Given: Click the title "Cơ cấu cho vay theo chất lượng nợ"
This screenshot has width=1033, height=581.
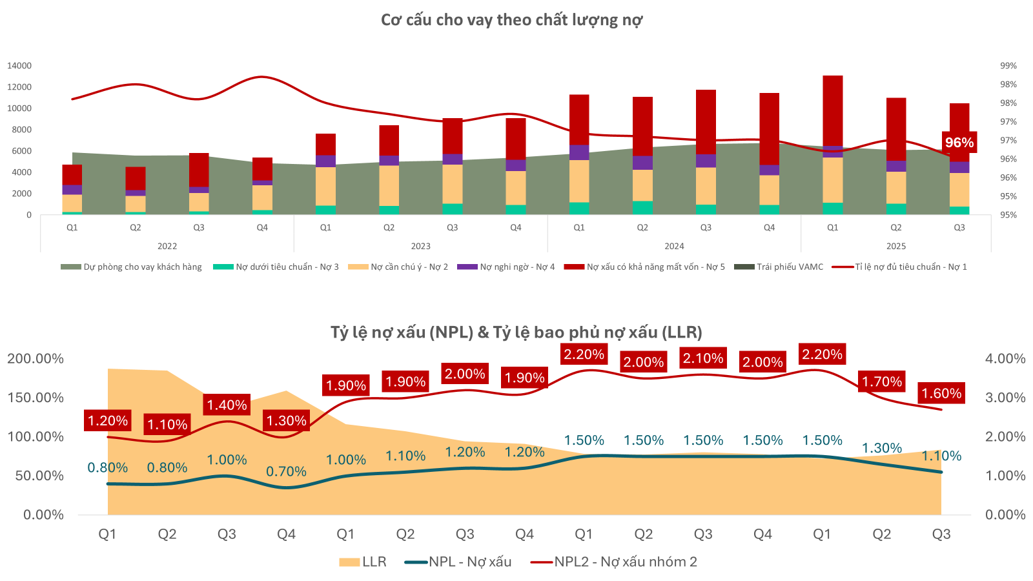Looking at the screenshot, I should (511, 20).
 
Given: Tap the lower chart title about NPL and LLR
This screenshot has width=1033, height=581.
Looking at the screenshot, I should (516, 332).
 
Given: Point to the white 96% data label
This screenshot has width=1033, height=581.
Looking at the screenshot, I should (959, 143).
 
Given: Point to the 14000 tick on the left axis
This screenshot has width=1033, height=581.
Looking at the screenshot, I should (19, 66).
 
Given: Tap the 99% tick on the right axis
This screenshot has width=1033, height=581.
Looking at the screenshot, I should (1008, 66).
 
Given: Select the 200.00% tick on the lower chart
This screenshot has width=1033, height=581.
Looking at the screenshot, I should (36, 359).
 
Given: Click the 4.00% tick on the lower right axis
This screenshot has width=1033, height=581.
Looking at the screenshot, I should (1005, 359).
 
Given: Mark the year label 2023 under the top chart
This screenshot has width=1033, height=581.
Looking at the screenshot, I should (420, 246).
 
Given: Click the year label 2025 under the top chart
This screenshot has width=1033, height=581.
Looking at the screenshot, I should (895, 246).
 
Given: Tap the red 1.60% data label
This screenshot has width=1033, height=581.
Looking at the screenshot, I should (941, 393).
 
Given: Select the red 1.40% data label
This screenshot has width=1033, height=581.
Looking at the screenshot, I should (227, 405).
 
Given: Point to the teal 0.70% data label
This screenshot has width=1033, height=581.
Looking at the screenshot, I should (286, 472).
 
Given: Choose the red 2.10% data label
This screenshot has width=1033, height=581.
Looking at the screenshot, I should (703, 358).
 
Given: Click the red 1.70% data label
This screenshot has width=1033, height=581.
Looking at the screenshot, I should (882, 382).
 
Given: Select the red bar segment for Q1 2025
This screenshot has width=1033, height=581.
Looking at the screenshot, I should (833, 110).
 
